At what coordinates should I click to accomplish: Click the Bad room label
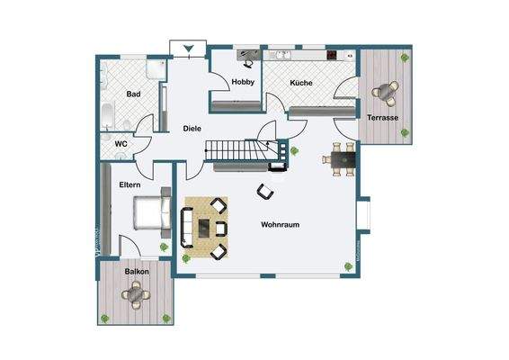[134, 94]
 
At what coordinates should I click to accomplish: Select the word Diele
[192, 129]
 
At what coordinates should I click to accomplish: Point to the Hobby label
[243, 83]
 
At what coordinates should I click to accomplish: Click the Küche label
[300, 83]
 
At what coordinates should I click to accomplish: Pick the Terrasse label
[384, 118]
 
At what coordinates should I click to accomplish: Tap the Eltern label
[130, 184]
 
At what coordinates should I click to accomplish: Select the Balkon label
[137, 271]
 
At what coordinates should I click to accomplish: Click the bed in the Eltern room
[150, 211]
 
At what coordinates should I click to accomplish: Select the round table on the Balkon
[136, 292]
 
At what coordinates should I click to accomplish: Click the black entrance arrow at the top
[188, 48]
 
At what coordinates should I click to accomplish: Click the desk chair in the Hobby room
[246, 63]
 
